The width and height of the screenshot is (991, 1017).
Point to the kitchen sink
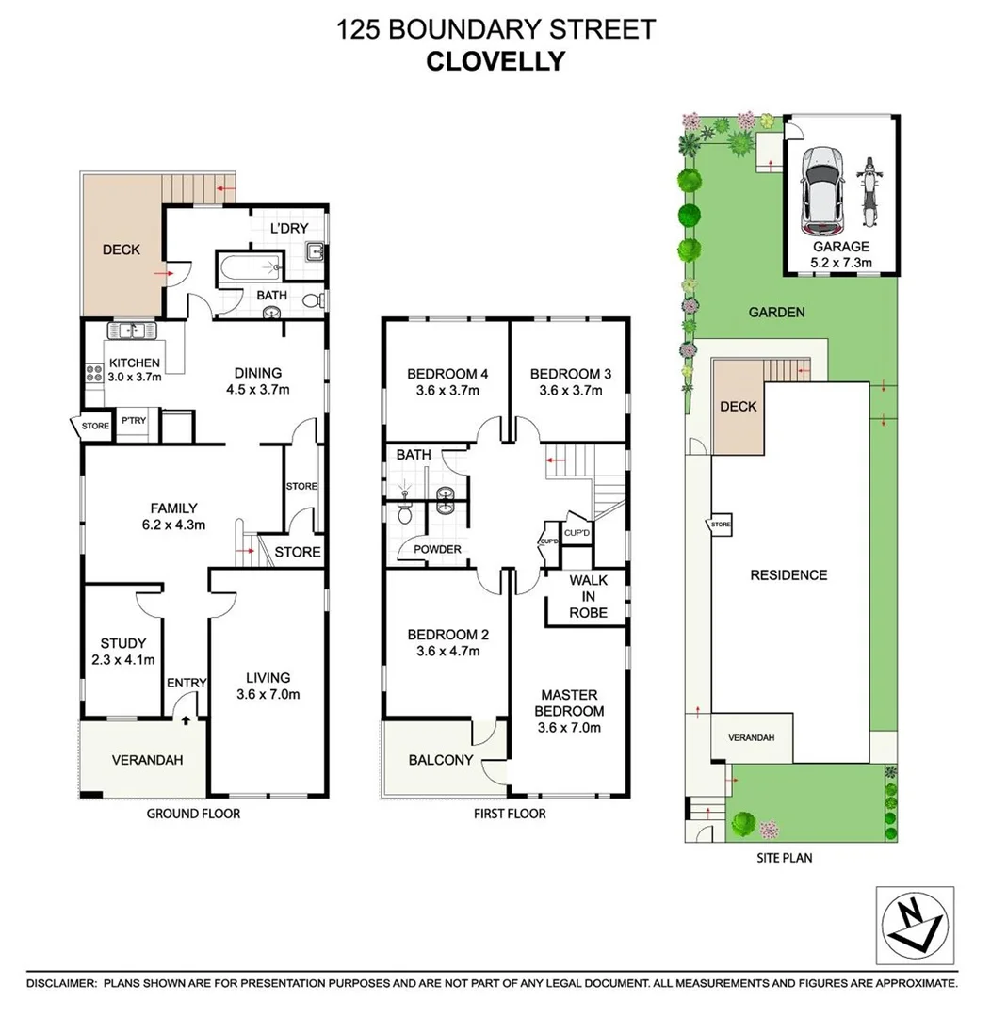(132, 331)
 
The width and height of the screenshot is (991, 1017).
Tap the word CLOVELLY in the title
(495, 61)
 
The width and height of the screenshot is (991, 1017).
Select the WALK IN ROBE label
(588, 596)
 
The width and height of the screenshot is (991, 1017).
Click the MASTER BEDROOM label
(569, 702)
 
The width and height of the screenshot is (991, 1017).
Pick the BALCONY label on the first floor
(441, 761)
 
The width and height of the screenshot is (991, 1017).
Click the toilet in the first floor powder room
(405, 513)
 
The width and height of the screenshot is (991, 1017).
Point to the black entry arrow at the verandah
(186, 721)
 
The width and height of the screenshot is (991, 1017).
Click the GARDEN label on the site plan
(776, 313)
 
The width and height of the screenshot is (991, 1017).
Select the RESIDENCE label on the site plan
(788, 575)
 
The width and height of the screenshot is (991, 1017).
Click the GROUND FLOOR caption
(193, 814)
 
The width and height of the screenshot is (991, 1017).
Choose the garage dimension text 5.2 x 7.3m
(842, 263)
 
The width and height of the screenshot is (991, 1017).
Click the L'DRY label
(289, 229)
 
